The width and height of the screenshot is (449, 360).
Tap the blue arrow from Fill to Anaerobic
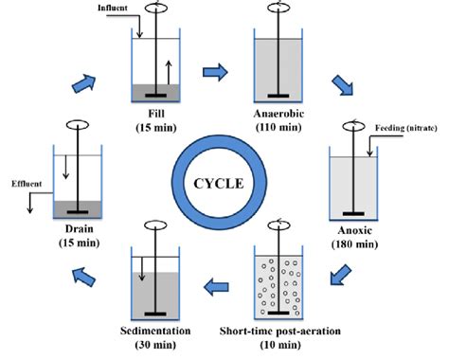click(x=217, y=69)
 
